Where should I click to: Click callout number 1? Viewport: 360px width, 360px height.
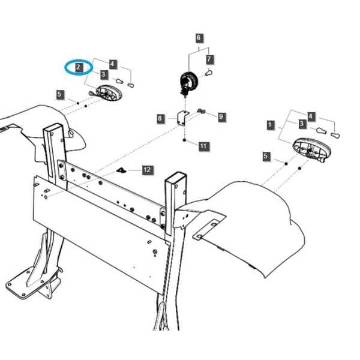pos(270,125)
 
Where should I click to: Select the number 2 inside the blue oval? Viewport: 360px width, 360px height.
pos(79,67)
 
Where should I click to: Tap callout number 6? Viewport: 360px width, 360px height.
pos(199,38)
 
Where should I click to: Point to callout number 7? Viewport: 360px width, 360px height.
pos(209,59)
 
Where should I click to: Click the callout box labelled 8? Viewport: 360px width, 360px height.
pos(160,118)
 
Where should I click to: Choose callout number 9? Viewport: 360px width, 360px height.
pos(221,116)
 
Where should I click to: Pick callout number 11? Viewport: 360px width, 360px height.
pos(203,146)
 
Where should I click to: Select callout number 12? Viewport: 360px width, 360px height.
pos(147,170)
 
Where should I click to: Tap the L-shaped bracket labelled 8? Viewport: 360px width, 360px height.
pos(183,118)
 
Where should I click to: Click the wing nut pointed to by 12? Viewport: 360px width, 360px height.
pos(121,170)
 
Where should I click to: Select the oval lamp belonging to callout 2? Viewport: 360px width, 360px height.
pos(108,92)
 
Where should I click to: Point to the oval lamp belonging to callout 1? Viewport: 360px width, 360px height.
pos(311,149)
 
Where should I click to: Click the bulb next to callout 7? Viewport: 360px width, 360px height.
pos(209,73)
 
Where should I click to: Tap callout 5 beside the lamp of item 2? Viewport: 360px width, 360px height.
pos(59,94)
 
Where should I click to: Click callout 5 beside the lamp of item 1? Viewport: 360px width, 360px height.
pos(265,156)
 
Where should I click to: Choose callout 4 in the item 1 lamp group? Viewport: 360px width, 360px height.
pos(310,116)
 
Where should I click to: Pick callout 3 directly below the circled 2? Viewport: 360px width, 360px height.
pos(104,74)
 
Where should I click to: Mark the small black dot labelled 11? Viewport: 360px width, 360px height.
pos(184,140)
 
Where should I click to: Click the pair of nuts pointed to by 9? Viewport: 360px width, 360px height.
pos(201,112)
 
